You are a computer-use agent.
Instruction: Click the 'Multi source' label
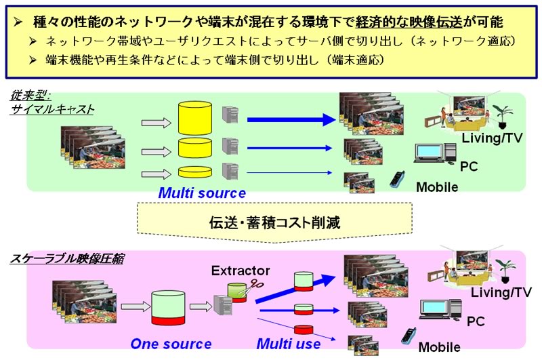pos(202,193)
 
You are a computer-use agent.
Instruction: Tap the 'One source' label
pos(171,344)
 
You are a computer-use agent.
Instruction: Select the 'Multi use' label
pos(289,344)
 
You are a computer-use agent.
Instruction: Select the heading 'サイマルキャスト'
pos(52,109)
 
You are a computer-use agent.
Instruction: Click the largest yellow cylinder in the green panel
pos(194,119)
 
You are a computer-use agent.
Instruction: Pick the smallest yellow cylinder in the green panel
pos(194,172)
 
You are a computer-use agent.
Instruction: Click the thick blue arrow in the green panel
pos(291,120)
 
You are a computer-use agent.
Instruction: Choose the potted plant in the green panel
pos(502,117)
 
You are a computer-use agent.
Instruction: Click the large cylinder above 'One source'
pos(168,308)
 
